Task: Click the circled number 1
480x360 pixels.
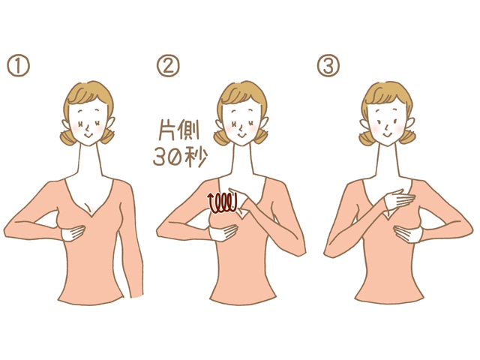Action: pos(18,65)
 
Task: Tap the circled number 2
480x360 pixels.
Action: pos(168,65)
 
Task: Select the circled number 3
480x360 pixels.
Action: pos(328,65)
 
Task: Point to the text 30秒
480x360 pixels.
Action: pos(180,157)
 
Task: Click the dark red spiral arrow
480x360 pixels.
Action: pos(223,202)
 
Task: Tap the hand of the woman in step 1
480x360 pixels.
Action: pos(73,233)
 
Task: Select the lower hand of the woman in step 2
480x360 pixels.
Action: pos(223,233)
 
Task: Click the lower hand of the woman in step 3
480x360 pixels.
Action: pos(408,234)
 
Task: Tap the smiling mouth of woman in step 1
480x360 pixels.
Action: pos(88,135)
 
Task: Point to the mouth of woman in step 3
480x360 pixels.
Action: pos(386,135)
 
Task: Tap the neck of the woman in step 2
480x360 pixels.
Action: pos(242,160)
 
